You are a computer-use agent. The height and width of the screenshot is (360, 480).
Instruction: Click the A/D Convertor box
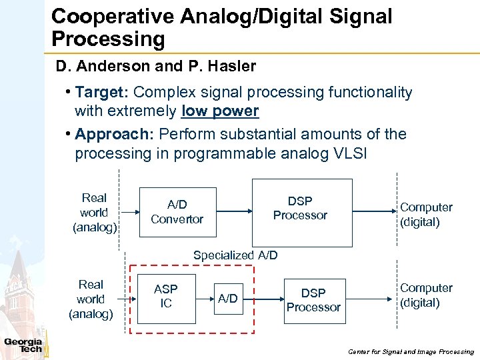click(177, 211)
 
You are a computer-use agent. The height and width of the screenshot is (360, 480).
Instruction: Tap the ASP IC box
click(166, 297)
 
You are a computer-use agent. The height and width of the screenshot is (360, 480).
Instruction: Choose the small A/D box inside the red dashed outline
click(228, 298)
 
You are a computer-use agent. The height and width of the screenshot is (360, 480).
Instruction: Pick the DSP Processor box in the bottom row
click(313, 300)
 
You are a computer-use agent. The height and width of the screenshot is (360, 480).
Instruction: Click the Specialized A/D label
click(235, 255)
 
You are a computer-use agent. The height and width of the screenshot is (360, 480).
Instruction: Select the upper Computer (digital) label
click(426, 215)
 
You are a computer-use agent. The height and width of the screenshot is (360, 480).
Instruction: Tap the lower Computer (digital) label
click(426, 295)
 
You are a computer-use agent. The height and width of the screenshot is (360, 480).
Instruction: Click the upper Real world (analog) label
click(94, 213)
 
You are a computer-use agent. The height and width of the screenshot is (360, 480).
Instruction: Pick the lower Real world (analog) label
click(91, 299)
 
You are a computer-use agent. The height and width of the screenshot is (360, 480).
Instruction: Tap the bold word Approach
click(114, 134)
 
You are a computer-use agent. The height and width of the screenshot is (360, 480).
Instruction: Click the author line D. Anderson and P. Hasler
click(156, 67)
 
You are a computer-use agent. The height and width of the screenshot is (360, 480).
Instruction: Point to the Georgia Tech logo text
click(23, 345)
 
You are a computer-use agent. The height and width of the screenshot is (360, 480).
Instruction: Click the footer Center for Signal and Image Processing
click(411, 351)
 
